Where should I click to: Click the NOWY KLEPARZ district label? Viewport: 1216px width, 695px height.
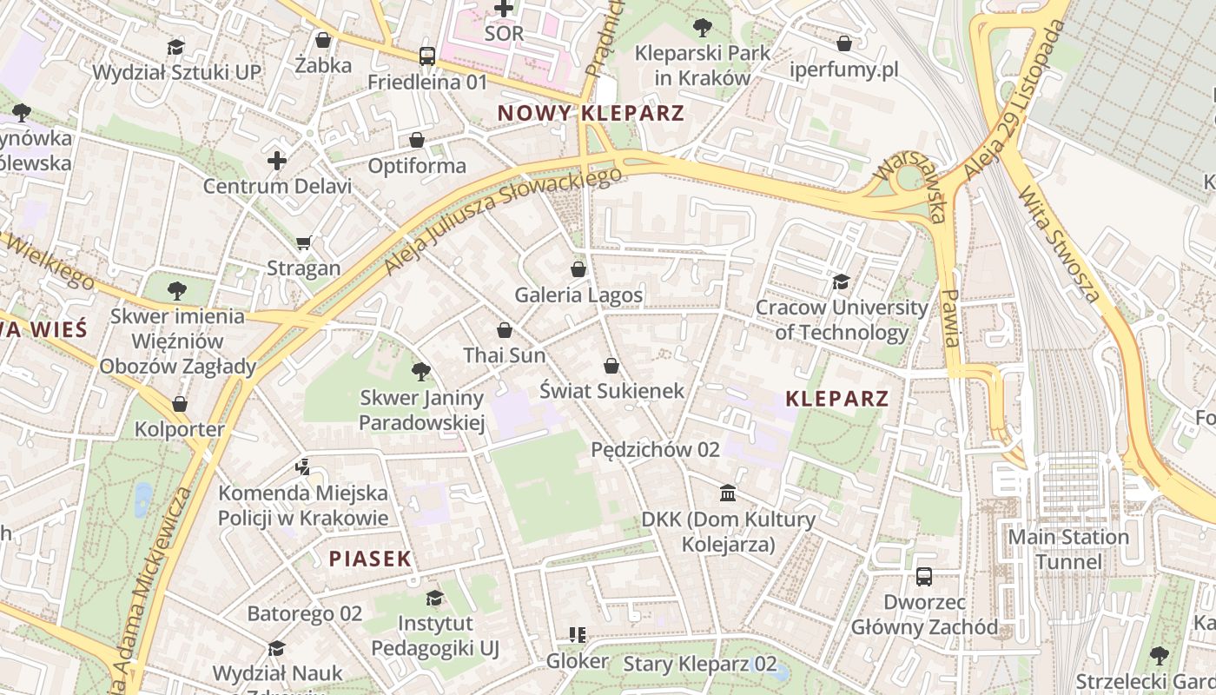(591, 113)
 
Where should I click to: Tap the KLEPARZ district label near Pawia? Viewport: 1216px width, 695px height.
(836, 399)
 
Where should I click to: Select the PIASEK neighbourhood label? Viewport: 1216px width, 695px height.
(370, 559)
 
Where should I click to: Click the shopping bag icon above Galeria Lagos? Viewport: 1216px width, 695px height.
(578, 269)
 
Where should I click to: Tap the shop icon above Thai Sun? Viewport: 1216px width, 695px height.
(505, 330)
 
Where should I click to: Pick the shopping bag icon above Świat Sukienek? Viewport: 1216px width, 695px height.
(611, 366)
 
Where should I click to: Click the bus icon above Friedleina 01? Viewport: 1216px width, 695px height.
(426, 56)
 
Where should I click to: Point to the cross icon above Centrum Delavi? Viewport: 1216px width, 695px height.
(277, 161)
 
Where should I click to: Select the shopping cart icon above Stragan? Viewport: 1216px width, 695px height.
(303, 242)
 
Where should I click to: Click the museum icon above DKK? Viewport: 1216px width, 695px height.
(728, 494)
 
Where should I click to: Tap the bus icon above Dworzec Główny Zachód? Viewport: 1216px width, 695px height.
(924, 577)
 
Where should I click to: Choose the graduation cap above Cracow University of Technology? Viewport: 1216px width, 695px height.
(841, 281)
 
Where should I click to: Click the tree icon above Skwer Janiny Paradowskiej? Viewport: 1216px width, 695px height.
(421, 373)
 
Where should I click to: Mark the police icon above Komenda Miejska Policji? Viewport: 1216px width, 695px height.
(302, 467)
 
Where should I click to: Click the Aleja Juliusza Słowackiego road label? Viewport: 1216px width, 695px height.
(503, 221)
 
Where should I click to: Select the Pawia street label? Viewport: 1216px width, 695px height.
(950, 318)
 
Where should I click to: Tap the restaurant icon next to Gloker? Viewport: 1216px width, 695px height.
(577, 636)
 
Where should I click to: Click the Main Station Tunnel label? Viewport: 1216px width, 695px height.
(1067, 549)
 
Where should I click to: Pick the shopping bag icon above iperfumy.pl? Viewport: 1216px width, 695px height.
(844, 43)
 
